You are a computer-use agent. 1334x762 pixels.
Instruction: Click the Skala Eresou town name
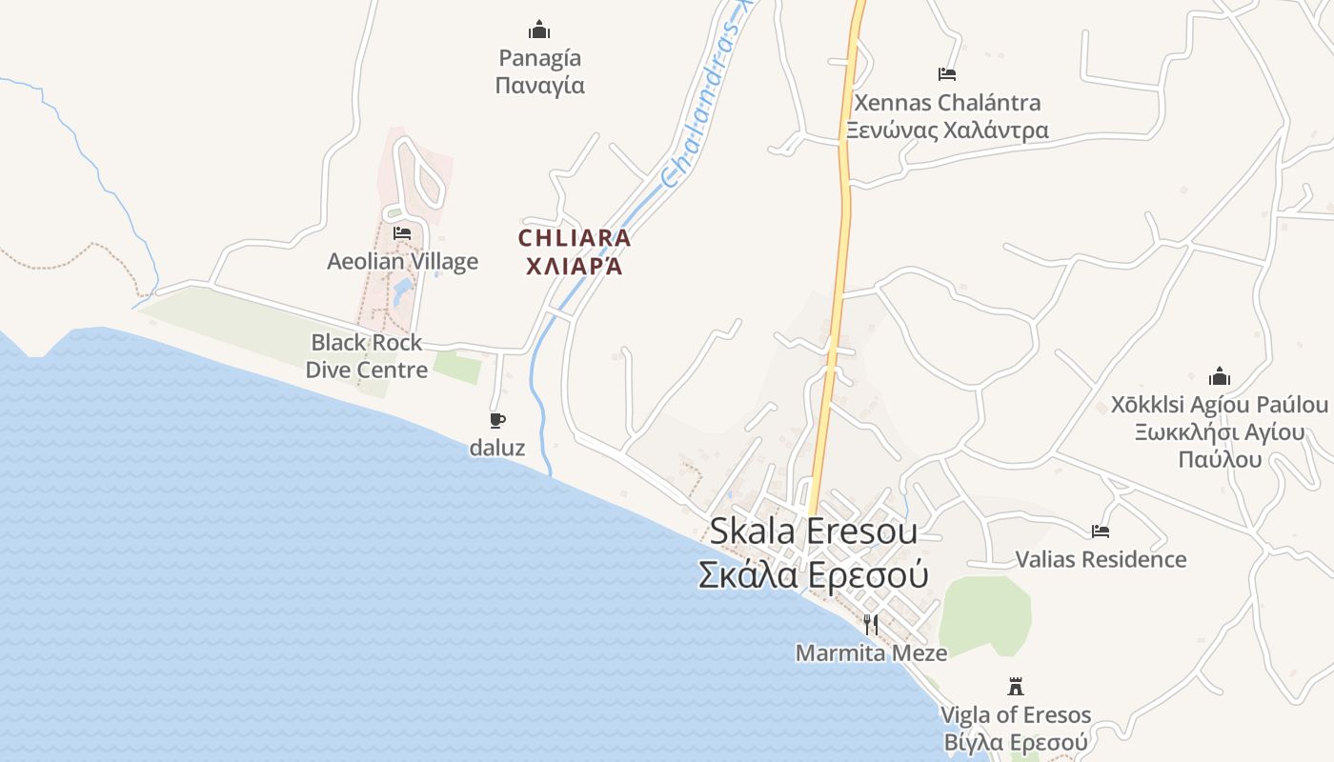point(813,531)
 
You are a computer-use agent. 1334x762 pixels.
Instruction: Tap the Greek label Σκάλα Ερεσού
point(813,574)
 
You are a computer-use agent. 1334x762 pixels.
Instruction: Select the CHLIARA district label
point(575,237)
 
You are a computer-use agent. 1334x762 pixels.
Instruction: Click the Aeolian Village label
point(402,261)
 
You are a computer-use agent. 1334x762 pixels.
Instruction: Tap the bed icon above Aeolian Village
point(402,232)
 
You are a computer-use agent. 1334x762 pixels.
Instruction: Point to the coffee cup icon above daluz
point(496,420)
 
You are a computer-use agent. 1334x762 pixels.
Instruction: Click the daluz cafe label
point(496,447)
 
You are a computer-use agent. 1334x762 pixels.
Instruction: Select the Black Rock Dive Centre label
point(367,356)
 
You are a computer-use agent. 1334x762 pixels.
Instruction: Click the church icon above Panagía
point(539,30)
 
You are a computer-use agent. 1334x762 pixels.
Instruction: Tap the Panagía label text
point(539,58)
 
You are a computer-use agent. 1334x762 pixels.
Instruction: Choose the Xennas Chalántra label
point(947,103)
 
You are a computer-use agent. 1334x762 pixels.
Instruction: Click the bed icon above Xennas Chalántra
point(946,73)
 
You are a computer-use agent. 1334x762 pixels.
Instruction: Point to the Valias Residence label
point(1101,559)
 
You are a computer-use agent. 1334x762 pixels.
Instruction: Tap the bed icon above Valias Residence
point(1101,531)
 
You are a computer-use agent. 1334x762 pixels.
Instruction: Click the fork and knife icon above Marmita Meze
point(871,624)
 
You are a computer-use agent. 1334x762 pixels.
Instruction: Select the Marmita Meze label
point(871,652)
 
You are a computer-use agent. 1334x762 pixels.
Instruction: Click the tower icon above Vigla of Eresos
point(1016,686)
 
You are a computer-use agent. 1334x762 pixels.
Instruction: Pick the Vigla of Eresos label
point(1016,714)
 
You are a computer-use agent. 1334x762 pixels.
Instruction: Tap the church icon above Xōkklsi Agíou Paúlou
point(1220,376)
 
